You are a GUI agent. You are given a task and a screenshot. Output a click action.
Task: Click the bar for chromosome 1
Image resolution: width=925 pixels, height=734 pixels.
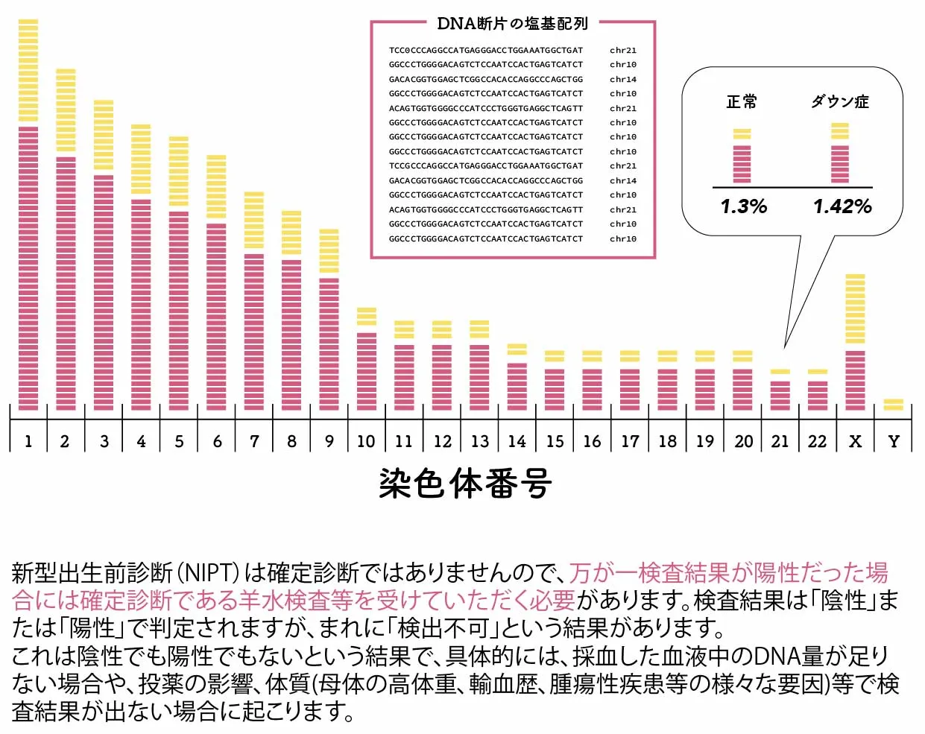[x=28, y=216]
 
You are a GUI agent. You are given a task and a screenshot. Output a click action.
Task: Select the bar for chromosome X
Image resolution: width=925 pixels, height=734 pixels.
[x=855, y=343]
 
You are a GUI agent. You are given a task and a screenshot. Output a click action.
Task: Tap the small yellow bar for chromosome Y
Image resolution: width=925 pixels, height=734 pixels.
[x=893, y=405]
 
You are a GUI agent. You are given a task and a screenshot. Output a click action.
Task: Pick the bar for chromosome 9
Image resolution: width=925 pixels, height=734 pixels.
[x=329, y=320]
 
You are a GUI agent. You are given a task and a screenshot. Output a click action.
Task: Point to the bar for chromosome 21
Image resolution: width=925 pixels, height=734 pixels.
[x=780, y=390]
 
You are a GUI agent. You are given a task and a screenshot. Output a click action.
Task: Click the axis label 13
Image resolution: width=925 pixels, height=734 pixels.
[x=479, y=441]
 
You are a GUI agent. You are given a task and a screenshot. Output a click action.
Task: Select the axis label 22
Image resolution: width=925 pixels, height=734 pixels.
[x=817, y=441]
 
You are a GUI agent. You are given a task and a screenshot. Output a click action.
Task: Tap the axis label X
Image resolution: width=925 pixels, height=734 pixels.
[x=855, y=441]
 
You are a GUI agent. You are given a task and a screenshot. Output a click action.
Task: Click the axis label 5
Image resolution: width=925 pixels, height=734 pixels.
[x=179, y=441]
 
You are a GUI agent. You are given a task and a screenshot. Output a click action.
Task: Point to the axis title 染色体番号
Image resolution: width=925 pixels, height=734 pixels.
[x=465, y=484]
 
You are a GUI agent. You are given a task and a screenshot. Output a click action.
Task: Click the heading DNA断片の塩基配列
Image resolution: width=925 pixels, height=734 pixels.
[x=512, y=24]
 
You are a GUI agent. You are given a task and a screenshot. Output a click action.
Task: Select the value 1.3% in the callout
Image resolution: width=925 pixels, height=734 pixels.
[x=743, y=206]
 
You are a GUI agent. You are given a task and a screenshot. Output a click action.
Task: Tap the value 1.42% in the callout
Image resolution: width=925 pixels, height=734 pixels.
[x=842, y=206]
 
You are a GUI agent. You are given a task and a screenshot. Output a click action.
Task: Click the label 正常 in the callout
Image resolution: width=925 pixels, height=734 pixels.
[x=742, y=101]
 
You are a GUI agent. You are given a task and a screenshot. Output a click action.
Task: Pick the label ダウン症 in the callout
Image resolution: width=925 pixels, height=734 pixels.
[x=840, y=101]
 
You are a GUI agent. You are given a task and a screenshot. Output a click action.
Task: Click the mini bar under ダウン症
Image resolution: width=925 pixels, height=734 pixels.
[x=840, y=154]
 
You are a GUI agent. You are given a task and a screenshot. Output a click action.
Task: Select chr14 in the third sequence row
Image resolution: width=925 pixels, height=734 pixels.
[x=623, y=79]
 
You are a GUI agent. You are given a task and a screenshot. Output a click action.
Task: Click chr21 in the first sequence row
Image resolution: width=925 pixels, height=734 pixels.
[x=623, y=51]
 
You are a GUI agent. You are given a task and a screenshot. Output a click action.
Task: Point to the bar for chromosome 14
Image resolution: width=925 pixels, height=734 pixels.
[x=517, y=377]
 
